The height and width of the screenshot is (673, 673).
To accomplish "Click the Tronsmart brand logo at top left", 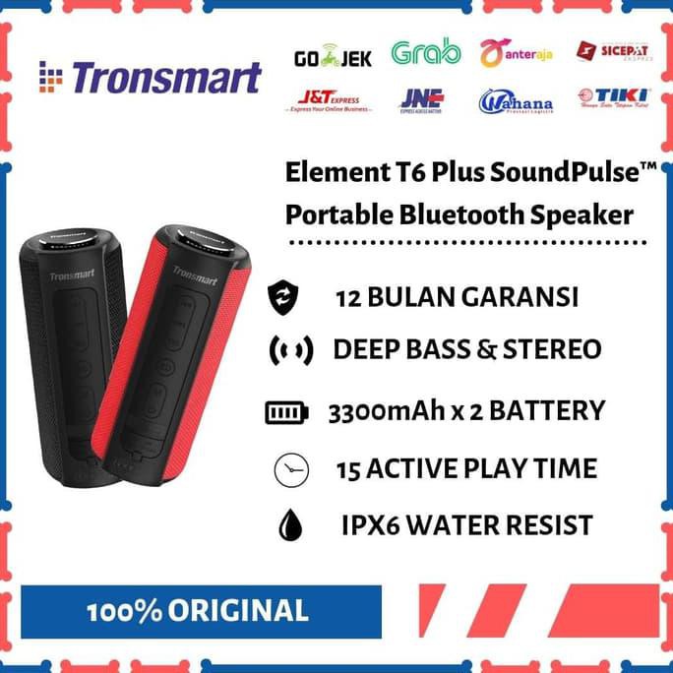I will click(150, 77).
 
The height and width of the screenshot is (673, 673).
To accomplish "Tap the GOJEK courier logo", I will click(333, 58).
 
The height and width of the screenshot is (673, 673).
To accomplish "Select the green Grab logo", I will click(425, 54).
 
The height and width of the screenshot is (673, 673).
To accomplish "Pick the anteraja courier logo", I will click(516, 53).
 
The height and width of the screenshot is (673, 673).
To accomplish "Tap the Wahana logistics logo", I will click(516, 101).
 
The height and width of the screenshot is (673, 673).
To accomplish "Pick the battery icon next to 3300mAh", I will click(286, 412).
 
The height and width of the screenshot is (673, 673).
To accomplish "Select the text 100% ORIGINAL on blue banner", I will click(197, 611).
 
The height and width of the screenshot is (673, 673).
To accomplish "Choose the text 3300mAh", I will click(383, 411).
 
